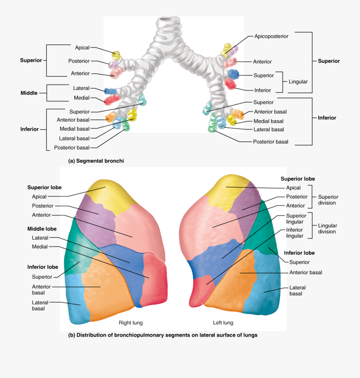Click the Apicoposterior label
(x=271, y=36)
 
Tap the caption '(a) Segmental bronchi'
(x=96, y=161)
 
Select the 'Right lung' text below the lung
(x=130, y=323)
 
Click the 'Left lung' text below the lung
(x=223, y=323)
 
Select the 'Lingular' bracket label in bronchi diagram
(x=298, y=82)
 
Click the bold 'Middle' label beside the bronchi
(x=29, y=93)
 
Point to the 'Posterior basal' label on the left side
(x=72, y=148)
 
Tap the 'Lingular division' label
(x=327, y=229)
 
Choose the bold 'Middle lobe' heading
(x=42, y=229)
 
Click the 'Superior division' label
(x=328, y=200)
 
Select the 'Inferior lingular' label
(x=294, y=233)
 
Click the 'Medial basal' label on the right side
(x=268, y=121)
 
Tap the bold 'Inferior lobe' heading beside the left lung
(x=299, y=253)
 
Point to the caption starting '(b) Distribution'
(x=163, y=335)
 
